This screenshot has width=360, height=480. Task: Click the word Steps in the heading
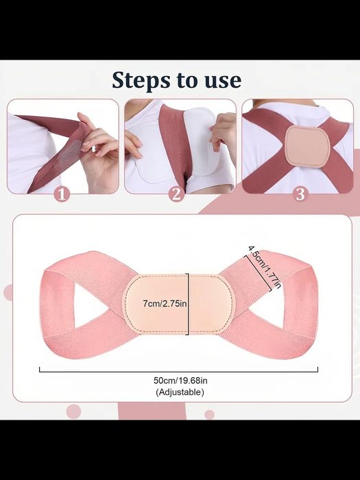click(142, 80)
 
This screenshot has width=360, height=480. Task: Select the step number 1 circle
click(62, 194)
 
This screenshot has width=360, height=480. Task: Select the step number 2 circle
click(176, 194)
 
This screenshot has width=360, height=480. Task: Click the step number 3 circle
click(300, 194)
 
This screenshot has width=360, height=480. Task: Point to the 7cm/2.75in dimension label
click(165, 303)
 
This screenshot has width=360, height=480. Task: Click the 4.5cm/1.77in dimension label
click(265, 267)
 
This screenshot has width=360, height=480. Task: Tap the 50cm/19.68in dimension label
click(180, 381)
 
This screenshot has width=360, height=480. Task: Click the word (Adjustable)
click(180, 392)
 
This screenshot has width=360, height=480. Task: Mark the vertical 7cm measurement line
click(188, 304)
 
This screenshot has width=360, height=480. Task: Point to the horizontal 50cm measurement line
click(178, 372)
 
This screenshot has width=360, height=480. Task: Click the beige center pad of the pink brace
click(179, 304)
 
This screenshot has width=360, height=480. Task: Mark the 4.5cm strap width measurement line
click(258, 274)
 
